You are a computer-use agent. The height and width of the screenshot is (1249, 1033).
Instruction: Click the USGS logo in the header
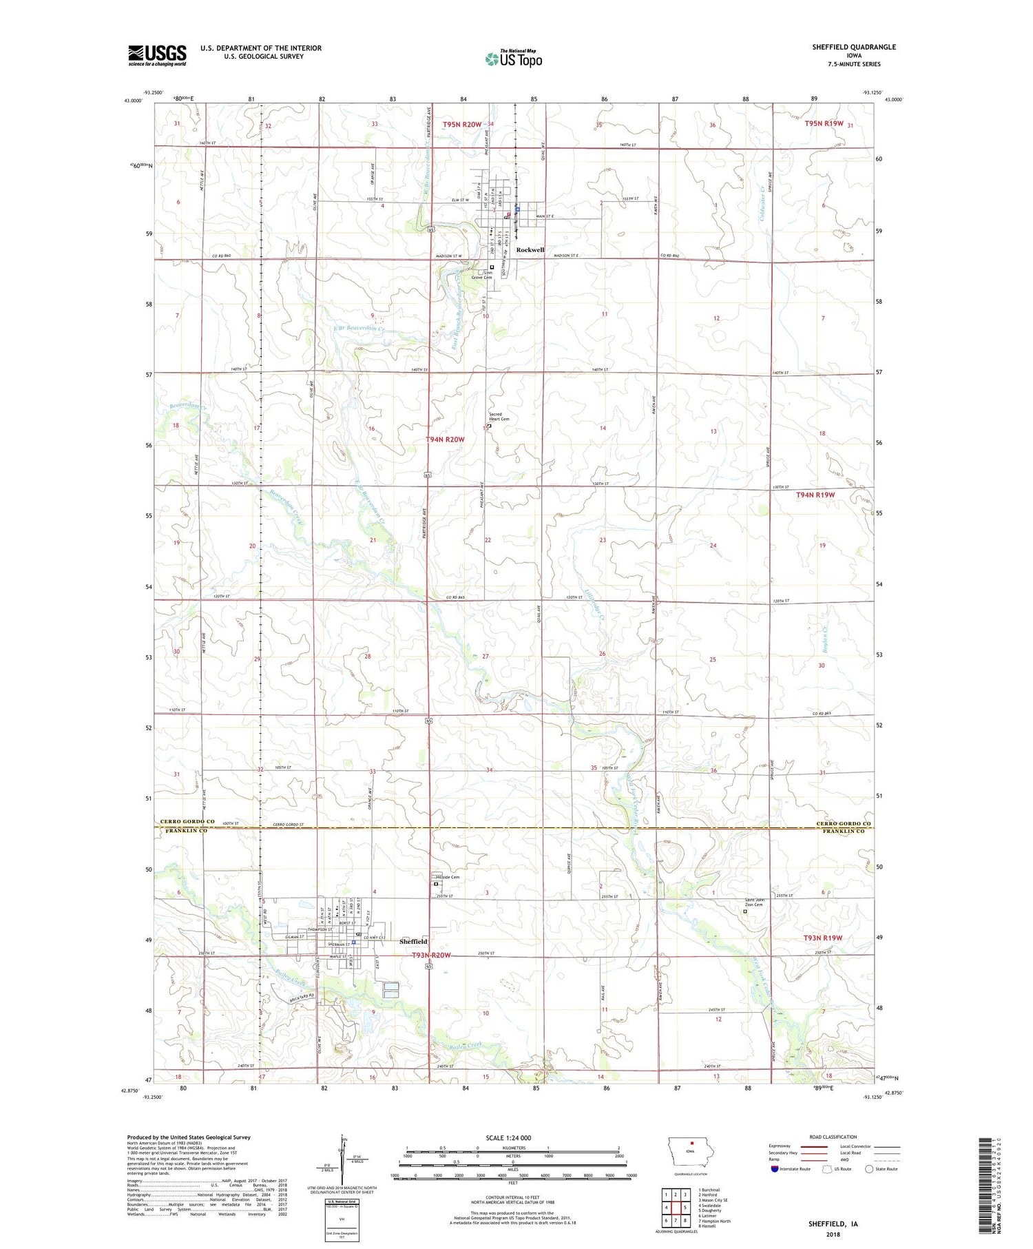point(157,55)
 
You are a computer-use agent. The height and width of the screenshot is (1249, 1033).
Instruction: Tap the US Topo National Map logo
point(513,59)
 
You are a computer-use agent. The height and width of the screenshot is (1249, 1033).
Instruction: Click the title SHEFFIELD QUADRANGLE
point(854,47)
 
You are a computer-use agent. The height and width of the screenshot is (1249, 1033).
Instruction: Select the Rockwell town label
point(530,249)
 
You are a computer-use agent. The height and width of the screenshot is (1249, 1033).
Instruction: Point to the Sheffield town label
point(413,941)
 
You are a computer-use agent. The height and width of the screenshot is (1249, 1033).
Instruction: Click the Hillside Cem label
point(448,877)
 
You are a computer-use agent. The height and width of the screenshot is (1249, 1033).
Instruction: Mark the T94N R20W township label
point(445,439)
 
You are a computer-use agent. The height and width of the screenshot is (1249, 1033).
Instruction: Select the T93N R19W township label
point(823,938)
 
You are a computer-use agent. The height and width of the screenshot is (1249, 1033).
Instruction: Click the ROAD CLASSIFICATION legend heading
point(833,1137)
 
